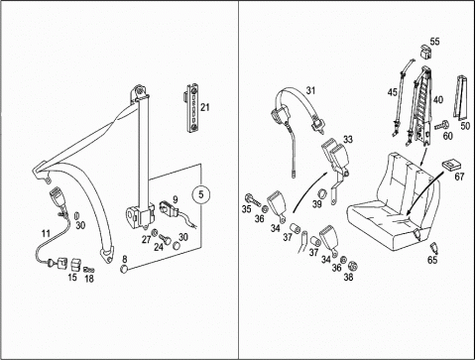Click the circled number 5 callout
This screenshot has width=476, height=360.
(201, 194)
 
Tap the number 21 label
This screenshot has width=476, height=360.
(205, 107)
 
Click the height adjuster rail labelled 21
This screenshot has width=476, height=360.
(192, 108)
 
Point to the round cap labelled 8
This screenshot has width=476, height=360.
(124, 268)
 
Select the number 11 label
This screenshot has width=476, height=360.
(46, 233)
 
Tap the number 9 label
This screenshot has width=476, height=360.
(175, 199)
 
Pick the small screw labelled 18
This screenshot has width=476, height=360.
(89, 269)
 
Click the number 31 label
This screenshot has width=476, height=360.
(310, 90)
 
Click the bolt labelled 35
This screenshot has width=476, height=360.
(253, 199)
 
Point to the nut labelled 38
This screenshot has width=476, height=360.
(354, 266)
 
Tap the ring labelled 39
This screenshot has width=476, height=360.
(321, 193)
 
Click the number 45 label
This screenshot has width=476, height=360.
(393, 92)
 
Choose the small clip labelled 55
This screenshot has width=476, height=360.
(425, 52)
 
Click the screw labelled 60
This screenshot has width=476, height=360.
(441, 126)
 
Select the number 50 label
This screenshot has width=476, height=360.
(465, 126)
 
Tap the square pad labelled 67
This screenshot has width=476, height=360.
(451, 165)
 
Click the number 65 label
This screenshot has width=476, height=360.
(432, 260)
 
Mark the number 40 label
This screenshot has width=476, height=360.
(438, 99)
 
